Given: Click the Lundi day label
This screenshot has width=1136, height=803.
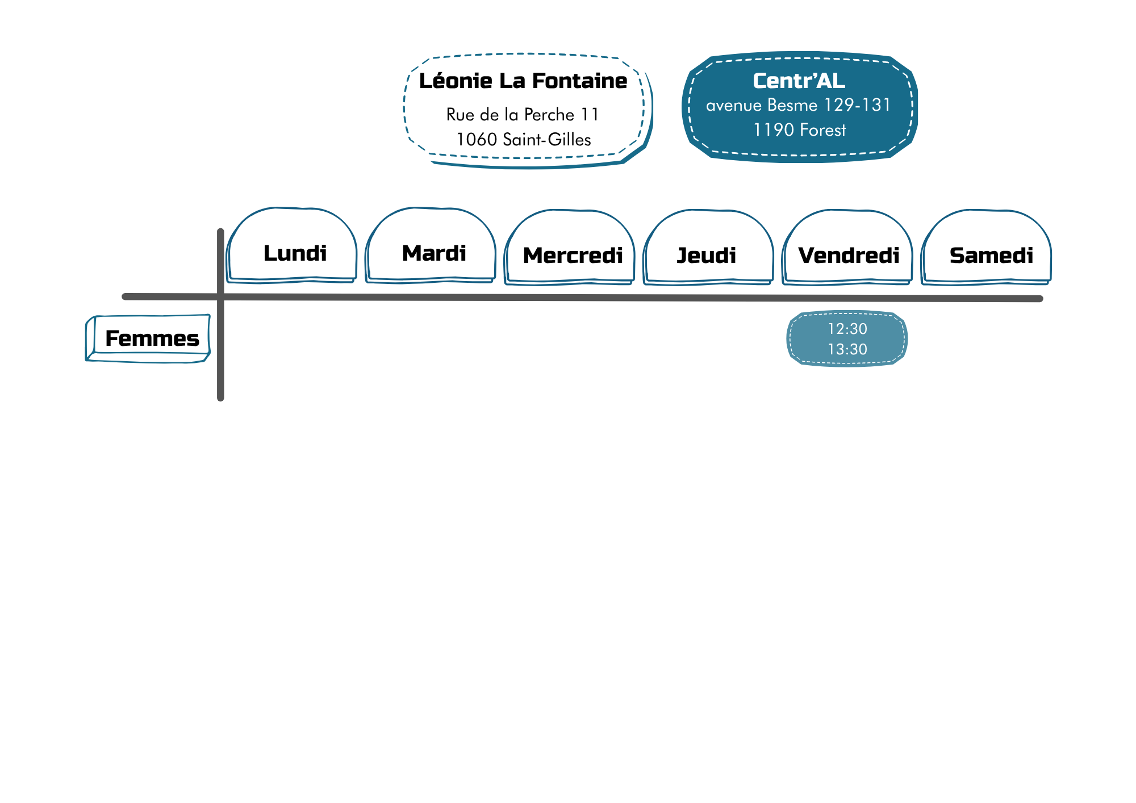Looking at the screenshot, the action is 295,253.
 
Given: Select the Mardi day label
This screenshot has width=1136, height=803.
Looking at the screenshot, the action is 434,253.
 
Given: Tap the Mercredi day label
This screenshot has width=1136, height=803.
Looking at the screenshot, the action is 573,256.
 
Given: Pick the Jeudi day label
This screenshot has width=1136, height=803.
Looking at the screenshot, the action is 707,256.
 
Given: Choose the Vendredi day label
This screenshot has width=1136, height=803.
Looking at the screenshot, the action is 849,256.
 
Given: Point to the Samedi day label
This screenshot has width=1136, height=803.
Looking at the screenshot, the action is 991,256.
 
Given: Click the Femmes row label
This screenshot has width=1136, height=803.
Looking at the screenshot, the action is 152,338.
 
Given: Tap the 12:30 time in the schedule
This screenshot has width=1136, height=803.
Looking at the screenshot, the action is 847,329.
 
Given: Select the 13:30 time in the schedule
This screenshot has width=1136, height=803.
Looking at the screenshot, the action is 847,349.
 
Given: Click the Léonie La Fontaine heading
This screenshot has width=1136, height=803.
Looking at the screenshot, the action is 523,81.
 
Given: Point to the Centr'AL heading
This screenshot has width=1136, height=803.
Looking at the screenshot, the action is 799,81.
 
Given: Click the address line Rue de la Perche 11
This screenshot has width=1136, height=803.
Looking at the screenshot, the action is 523,115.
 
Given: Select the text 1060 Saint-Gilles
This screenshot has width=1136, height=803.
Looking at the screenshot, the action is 524,140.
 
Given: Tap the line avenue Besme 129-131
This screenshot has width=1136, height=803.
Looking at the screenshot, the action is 799,105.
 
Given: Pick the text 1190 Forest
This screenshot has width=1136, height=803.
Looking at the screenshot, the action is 800,130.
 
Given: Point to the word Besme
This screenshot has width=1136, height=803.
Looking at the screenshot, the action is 792,105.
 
